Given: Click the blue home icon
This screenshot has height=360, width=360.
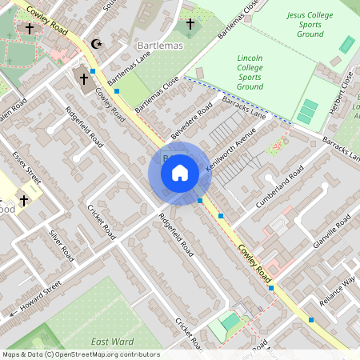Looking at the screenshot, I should click(x=180, y=173).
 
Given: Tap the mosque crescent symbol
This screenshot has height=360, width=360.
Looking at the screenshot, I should click(x=98, y=44).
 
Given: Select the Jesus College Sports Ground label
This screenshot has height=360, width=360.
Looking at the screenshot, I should click(x=306, y=24).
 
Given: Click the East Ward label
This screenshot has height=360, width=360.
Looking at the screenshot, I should click(x=111, y=342).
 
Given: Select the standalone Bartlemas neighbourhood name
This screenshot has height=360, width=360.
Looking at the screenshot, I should click(x=160, y=46).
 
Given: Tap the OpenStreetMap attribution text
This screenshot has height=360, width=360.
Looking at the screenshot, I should click(x=81, y=354).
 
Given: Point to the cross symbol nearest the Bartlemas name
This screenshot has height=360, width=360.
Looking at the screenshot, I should click(x=190, y=25).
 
